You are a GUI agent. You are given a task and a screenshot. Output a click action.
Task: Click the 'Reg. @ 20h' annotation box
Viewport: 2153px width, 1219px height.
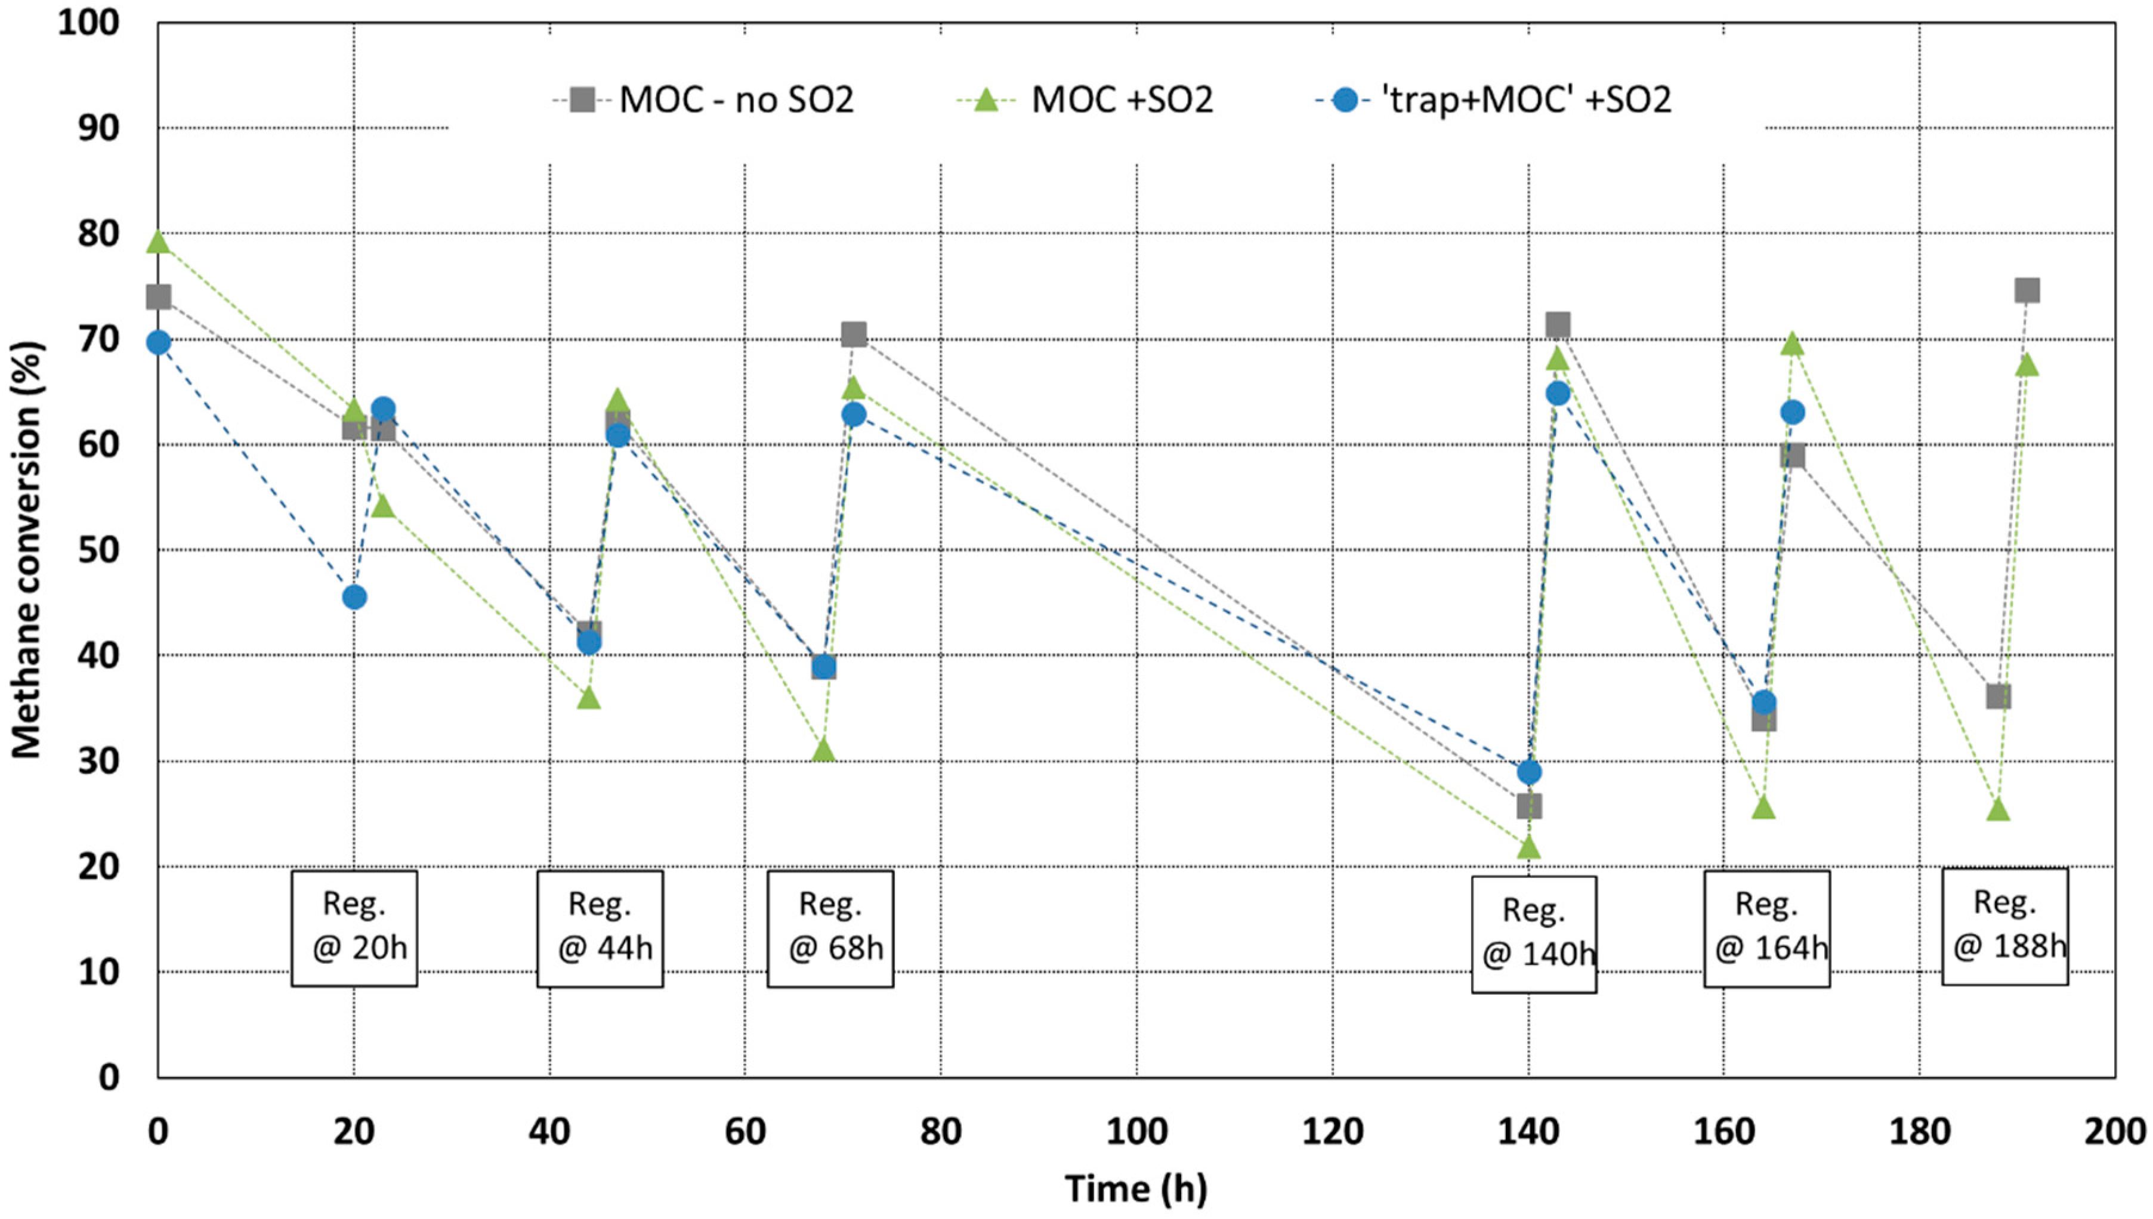point(354,927)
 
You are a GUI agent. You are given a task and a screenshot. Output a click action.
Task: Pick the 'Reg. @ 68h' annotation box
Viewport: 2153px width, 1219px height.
point(830,927)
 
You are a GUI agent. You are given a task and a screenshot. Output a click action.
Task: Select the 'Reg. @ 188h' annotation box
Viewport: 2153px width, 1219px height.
point(2005,926)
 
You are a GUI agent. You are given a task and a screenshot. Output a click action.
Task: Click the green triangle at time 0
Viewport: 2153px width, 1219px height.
point(158,243)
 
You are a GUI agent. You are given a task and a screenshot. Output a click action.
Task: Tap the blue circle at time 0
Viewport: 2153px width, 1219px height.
point(158,342)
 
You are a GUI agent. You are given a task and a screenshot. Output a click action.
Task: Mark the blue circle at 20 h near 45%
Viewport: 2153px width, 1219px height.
point(354,597)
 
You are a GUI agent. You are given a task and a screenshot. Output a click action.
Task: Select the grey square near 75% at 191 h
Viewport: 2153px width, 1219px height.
point(2027,290)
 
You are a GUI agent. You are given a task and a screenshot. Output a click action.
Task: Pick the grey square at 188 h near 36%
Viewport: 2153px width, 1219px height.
point(1998,696)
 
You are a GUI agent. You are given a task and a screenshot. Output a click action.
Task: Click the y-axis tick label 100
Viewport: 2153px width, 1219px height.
point(88,23)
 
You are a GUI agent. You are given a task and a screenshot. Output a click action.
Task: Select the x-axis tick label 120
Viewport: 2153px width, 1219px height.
point(1332,1132)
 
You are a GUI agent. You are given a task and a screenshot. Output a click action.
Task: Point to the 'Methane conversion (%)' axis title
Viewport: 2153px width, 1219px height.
point(27,549)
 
